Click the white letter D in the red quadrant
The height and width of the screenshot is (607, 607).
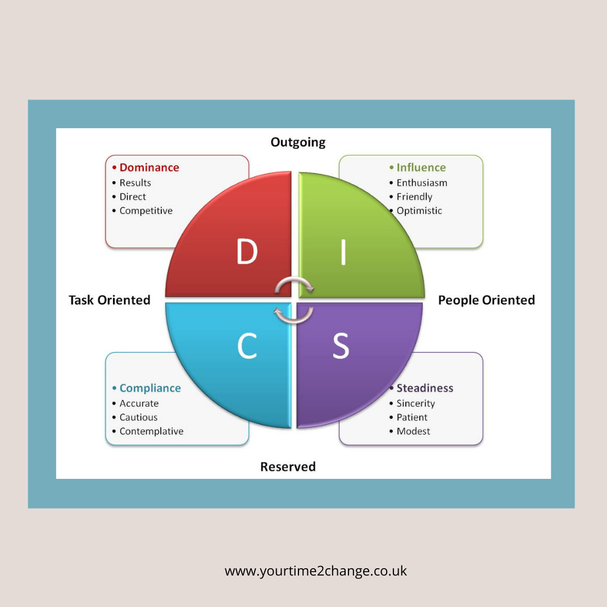click(247, 251)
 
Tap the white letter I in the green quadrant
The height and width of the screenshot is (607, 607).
click(343, 252)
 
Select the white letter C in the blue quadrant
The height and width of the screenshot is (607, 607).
click(247, 345)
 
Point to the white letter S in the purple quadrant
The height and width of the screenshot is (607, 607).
click(341, 345)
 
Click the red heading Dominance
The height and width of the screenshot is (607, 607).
click(149, 167)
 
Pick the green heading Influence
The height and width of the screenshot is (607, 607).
click(421, 167)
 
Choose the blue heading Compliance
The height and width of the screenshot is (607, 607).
click(150, 388)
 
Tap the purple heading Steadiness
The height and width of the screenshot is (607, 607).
click(425, 388)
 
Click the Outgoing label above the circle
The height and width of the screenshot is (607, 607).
click(298, 142)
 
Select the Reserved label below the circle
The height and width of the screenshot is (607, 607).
click(288, 466)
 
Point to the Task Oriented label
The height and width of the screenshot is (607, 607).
click(110, 300)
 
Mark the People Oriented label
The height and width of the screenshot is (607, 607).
click(487, 300)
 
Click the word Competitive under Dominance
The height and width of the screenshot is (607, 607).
click(146, 211)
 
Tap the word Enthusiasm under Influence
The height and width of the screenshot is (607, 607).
click(422, 183)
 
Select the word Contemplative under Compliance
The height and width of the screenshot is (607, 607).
click(151, 431)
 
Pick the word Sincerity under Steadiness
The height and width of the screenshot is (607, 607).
click(416, 404)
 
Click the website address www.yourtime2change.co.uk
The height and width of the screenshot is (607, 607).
click(315, 571)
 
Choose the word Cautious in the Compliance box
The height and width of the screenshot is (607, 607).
click(139, 417)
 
